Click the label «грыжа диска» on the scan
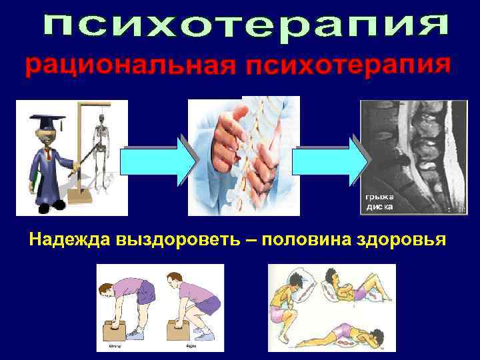(x=378, y=202)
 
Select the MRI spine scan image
(x=404, y=157)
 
